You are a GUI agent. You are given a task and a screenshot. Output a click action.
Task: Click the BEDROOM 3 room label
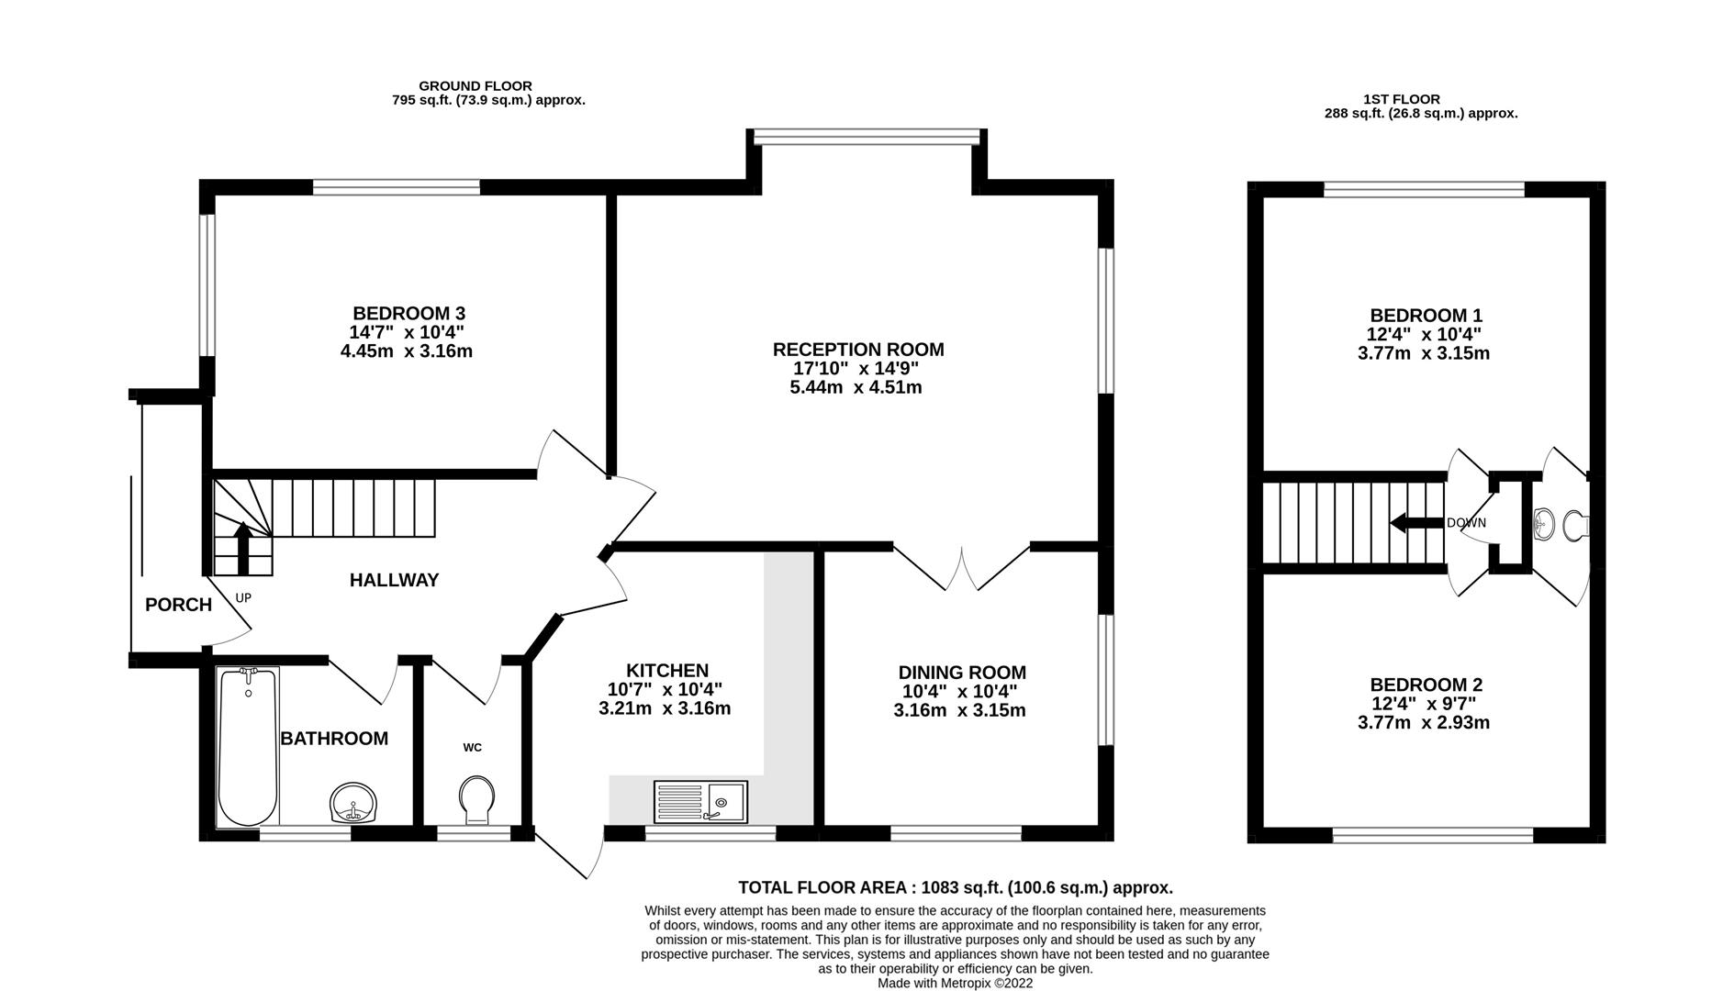[408, 314]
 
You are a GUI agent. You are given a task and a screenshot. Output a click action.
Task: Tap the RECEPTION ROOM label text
[857, 350]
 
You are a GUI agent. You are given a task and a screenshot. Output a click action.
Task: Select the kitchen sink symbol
[700, 802]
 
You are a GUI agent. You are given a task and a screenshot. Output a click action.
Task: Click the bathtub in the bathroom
[247, 745]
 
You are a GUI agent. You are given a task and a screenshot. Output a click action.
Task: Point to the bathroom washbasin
[353, 804]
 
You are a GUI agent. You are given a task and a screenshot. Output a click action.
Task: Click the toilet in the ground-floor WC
[476, 799]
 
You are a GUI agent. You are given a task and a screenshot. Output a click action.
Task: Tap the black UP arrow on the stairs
[243, 546]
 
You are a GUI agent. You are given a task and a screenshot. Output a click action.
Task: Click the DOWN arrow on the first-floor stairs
[1416, 523]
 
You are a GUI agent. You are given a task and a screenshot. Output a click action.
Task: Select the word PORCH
[178, 605]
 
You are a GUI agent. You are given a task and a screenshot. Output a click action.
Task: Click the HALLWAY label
[394, 580]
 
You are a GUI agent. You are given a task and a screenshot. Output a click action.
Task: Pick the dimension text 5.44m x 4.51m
[856, 387]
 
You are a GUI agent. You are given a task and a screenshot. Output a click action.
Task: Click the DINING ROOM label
[961, 673]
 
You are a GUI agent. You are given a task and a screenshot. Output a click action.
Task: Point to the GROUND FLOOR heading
[475, 86]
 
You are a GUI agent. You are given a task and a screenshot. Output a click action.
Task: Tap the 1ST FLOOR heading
[1402, 99]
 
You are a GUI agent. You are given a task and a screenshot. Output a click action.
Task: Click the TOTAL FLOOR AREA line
[956, 887]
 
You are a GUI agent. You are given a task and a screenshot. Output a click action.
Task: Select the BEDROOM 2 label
[1426, 685]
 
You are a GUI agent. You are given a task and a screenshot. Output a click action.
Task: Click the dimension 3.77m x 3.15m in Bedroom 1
[1423, 353]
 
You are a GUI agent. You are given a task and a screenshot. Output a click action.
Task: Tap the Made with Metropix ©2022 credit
[955, 983]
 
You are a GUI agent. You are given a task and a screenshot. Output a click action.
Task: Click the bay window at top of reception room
[866, 137]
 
